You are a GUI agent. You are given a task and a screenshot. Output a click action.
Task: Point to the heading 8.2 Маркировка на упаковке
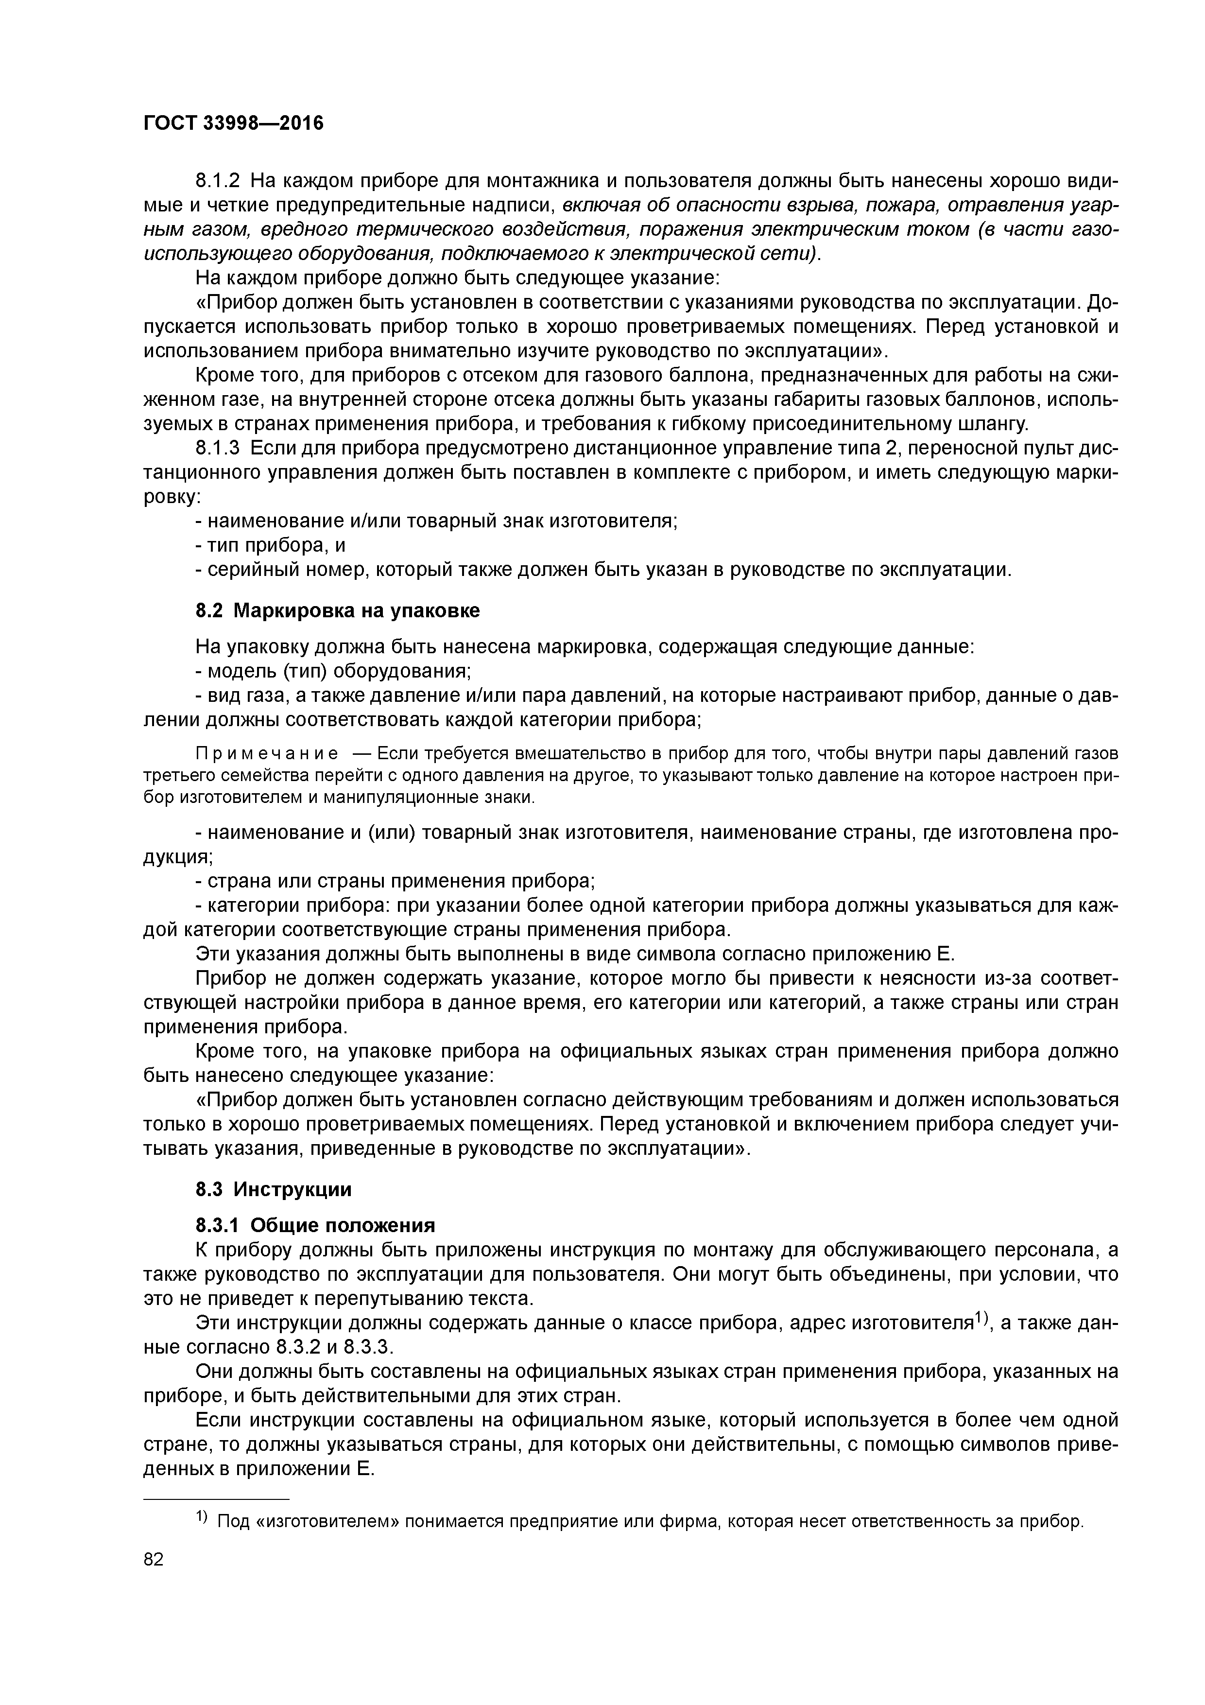click(338, 610)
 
